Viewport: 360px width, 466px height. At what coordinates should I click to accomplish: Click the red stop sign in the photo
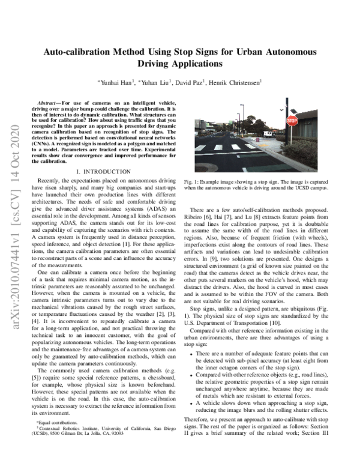click(x=292, y=121)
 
